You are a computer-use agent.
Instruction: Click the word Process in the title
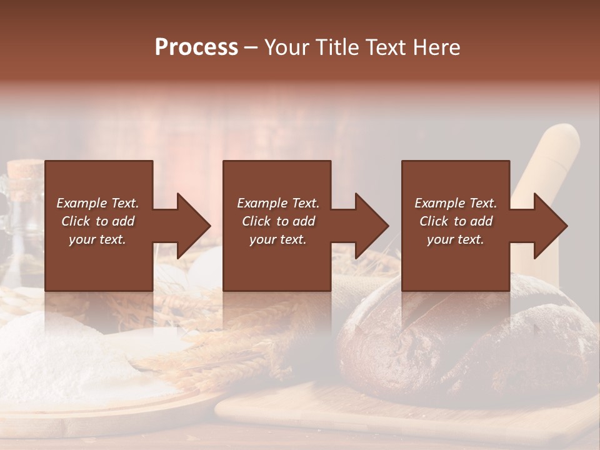pos(196,47)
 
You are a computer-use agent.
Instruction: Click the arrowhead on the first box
pos(190,226)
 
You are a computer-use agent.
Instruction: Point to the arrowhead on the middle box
pos(368,226)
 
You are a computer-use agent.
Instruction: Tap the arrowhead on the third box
pos(547,226)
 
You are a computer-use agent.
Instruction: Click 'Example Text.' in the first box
pos(97,203)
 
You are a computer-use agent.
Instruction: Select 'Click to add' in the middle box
pos(278,221)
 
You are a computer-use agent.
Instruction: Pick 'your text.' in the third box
pos(456,239)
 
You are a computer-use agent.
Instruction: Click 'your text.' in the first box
pos(97,239)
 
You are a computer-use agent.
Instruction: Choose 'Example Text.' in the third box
pos(456,203)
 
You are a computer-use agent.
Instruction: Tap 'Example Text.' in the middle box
pos(278,203)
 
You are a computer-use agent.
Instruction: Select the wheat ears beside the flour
pos(206,350)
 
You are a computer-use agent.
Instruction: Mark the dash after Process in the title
pos(251,47)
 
